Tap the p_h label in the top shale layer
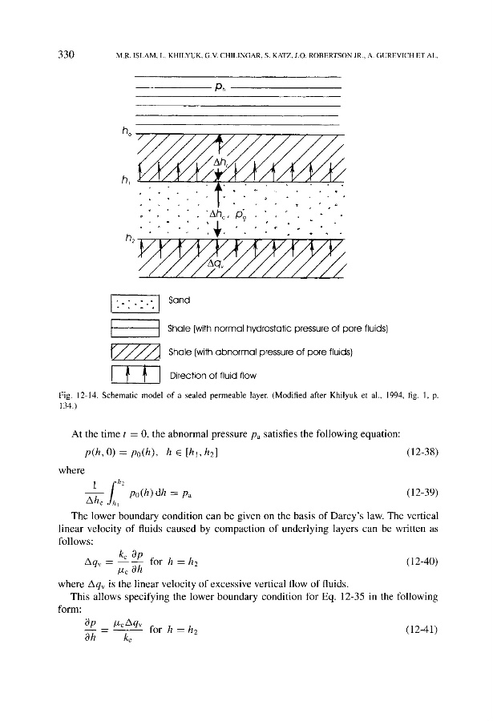click(x=219, y=85)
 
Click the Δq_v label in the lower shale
click(x=215, y=263)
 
